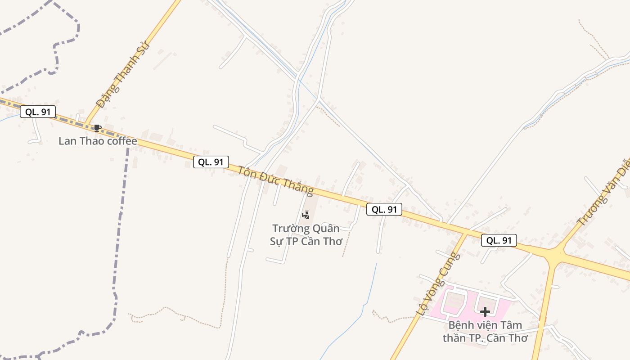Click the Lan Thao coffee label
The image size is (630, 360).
(x=98, y=141)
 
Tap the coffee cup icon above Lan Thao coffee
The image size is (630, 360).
(x=97, y=128)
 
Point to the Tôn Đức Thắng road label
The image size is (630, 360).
(x=275, y=181)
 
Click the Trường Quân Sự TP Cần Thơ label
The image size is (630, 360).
(x=306, y=234)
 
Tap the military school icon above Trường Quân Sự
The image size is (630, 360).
(x=306, y=215)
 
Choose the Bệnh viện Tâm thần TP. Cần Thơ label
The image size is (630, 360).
(x=485, y=332)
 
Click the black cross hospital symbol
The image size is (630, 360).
(x=485, y=311)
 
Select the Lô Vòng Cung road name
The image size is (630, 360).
(x=438, y=283)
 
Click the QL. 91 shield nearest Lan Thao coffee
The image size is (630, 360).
(x=38, y=112)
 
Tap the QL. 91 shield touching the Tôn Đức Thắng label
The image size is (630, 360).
(x=211, y=162)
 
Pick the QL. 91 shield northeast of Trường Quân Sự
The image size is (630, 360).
(x=384, y=209)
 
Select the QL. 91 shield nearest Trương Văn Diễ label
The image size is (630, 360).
(x=499, y=240)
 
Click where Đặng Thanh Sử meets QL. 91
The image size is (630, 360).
(x=87, y=124)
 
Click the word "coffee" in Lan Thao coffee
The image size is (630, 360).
(x=120, y=141)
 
